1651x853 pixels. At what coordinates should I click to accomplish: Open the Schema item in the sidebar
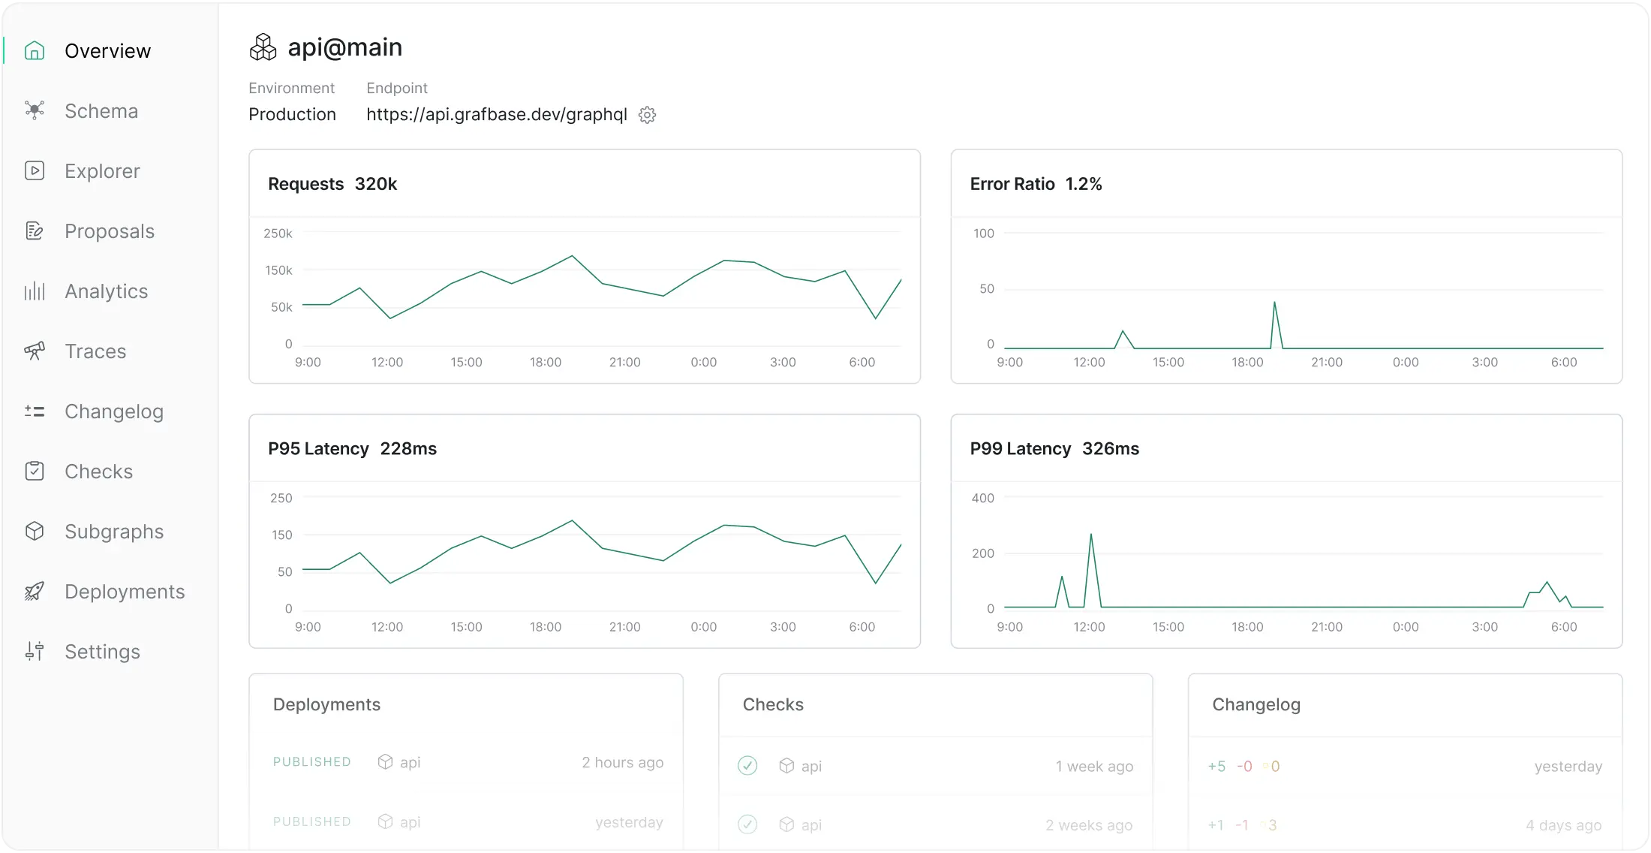click(x=101, y=111)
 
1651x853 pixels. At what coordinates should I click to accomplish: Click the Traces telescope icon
click(x=35, y=351)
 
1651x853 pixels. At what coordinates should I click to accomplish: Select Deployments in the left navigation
click(x=124, y=592)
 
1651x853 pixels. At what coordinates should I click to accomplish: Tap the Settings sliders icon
click(x=35, y=651)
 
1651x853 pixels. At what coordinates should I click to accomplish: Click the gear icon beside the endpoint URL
click(x=647, y=115)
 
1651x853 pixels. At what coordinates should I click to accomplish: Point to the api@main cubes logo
click(x=263, y=47)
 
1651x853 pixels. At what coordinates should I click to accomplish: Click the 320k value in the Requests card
click(x=375, y=184)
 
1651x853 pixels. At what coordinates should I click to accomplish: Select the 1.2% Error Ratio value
click(x=1083, y=184)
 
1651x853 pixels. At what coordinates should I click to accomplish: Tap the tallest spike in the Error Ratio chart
click(x=1274, y=303)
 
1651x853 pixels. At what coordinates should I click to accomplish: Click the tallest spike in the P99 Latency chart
click(x=1090, y=535)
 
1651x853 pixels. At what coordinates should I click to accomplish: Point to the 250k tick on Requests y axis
click(x=278, y=234)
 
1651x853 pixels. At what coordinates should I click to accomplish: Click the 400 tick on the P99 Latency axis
click(x=982, y=498)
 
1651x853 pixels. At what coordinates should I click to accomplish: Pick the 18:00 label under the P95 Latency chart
click(x=545, y=627)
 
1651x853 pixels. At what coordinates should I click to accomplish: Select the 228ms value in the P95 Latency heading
click(x=408, y=448)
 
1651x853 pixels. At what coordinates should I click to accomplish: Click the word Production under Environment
click(x=292, y=114)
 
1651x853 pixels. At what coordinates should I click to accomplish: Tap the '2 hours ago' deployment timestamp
click(x=622, y=762)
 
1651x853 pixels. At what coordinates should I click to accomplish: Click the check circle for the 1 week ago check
click(x=747, y=766)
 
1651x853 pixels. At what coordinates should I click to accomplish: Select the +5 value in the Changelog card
click(x=1216, y=767)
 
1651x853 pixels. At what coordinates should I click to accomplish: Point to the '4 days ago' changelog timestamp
click(x=1563, y=825)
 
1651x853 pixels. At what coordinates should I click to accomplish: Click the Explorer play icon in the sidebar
click(x=35, y=170)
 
